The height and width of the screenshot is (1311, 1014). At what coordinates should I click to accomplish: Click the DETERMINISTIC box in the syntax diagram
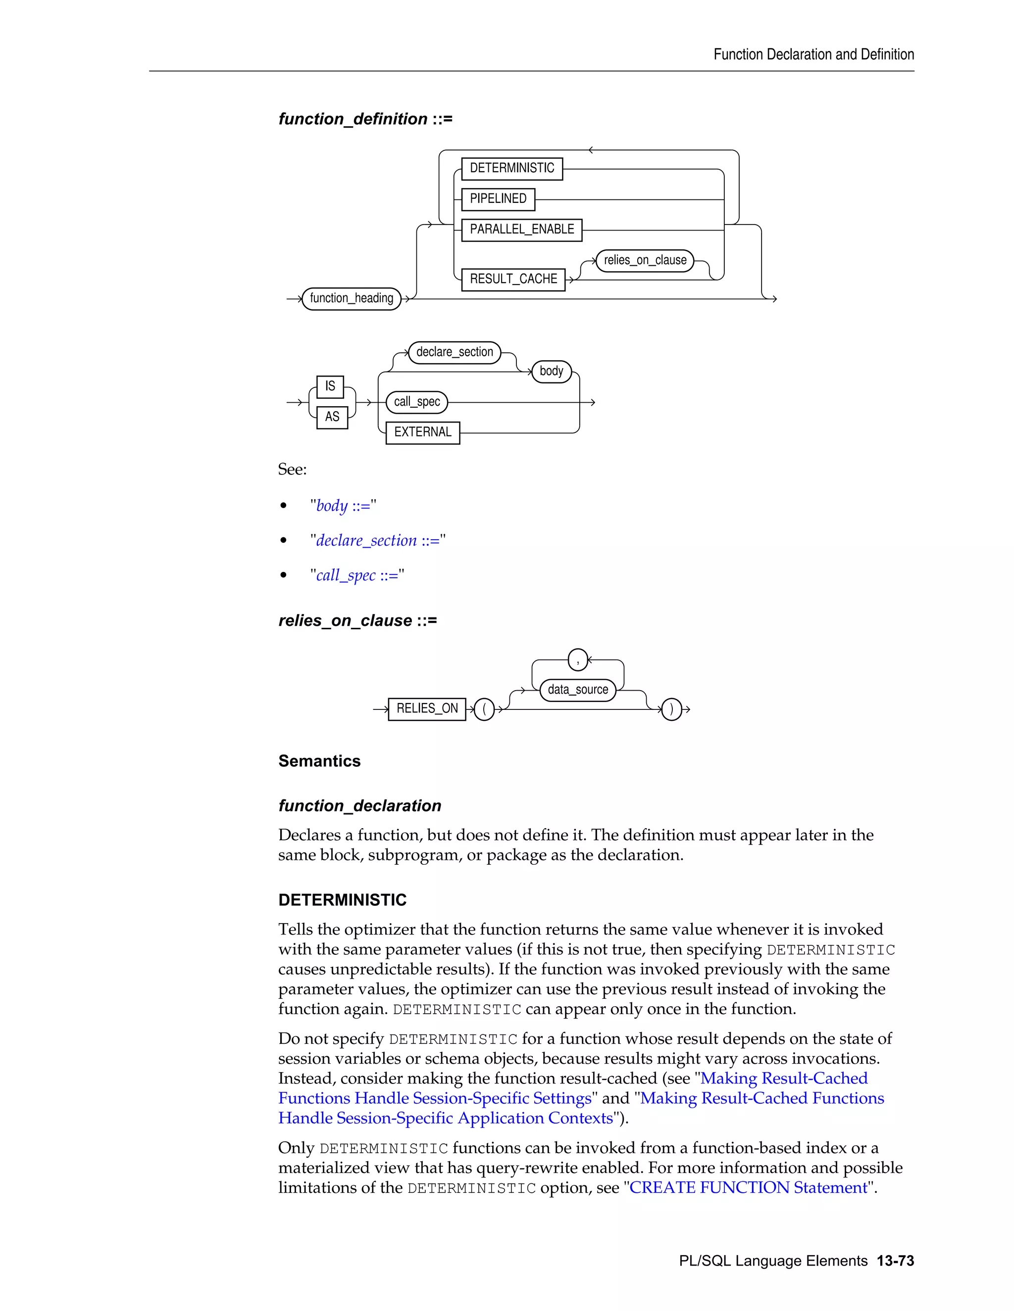coord(512,169)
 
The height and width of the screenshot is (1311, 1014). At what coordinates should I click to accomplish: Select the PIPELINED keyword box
coord(498,199)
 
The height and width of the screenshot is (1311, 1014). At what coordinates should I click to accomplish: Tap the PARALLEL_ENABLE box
coord(521,230)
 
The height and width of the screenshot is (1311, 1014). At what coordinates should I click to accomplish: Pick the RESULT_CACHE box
coord(513,279)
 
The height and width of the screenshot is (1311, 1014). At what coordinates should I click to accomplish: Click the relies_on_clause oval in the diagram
coord(645,261)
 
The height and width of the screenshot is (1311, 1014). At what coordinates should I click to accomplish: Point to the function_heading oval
coord(352,298)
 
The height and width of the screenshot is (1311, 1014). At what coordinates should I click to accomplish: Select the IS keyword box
coord(330,386)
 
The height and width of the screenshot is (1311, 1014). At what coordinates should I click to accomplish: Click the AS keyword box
coord(332,417)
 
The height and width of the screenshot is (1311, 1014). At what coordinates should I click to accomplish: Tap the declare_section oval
coord(454,352)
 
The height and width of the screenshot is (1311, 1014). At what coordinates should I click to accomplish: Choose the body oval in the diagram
coord(551,372)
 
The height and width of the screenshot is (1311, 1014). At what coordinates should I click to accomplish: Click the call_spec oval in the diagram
coord(417,402)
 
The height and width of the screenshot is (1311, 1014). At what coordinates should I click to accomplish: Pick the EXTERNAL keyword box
coord(422,433)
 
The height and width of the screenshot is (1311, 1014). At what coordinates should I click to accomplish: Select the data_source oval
coord(578,690)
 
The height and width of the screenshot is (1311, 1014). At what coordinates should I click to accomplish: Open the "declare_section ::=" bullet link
coord(378,541)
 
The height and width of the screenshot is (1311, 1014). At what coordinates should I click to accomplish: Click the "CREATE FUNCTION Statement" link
coord(749,1187)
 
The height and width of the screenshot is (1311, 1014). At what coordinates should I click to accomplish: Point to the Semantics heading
coord(319,761)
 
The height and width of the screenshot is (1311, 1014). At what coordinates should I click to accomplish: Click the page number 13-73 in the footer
coord(895,1261)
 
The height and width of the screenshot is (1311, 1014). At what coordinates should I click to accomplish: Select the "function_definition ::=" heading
coord(365,119)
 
